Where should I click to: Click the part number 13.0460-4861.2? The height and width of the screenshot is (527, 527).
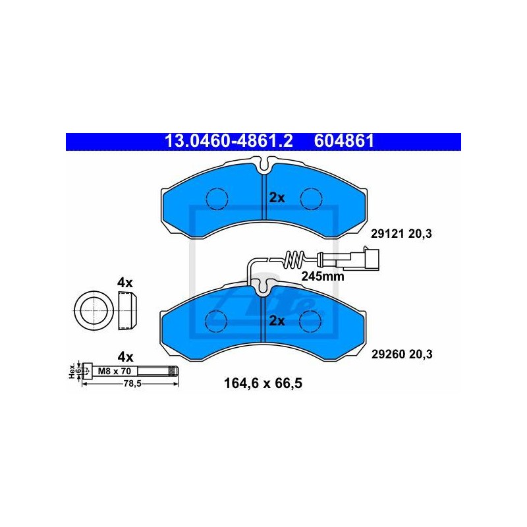[x=229, y=141]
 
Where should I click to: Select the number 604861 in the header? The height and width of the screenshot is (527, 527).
[x=344, y=141]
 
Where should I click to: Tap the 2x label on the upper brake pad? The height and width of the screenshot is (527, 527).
[x=277, y=198]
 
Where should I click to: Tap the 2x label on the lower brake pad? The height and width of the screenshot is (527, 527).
[x=277, y=321]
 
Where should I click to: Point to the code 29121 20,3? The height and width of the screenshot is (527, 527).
[x=401, y=234]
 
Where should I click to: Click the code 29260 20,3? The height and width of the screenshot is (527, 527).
[x=402, y=354]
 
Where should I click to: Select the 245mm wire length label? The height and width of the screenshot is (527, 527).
[x=323, y=276]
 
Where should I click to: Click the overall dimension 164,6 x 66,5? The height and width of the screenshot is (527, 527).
[x=263, y=383]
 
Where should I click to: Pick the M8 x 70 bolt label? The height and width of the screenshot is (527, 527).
[x=114, y=371]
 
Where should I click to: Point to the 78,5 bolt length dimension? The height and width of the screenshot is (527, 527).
[x=132, y=383]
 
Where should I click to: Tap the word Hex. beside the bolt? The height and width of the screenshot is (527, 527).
[x=72, y=372]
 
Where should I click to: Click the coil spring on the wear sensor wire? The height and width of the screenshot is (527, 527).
[x=294, y=260]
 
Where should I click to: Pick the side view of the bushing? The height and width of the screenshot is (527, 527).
[x=128, y=310]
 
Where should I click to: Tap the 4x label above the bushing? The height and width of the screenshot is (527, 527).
[x=125, y=283]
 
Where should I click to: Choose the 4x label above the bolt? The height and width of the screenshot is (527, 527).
[x=125, y=356]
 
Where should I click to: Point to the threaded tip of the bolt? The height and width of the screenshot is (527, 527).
[x=174, y=371]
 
